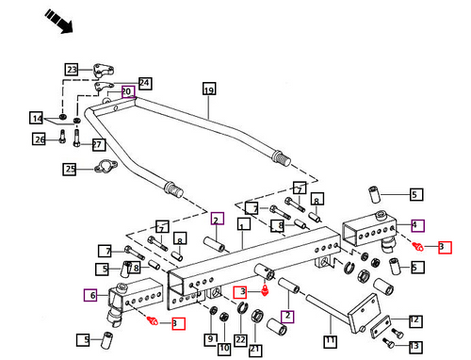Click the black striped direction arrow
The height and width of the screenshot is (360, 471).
[x=58, y=21]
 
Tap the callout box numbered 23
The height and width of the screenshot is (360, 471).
[x=72, y=70]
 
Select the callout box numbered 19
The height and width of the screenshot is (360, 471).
[x=209, y=89]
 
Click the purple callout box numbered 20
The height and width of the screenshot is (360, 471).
[x=128, y=91]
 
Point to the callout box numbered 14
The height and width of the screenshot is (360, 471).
[x=36, y=118]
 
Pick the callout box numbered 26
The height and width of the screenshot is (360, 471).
[x=39, y=139]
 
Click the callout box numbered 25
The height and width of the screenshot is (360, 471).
[x=70, y=169]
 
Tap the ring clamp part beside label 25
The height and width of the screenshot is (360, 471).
[x=106, y=166]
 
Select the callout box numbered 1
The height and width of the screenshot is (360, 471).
[x=244, y=224]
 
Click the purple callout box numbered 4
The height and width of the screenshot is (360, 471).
[x=418, y=225]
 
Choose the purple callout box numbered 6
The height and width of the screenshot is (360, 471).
[x=90, y=295]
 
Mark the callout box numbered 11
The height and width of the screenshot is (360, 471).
[x=331, y=341]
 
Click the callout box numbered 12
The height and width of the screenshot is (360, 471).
[x=415, y=321]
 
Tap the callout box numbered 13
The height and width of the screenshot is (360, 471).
[x=415, y=346]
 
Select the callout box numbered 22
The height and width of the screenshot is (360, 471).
[x=240, y=340]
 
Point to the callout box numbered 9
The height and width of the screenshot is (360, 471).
[x=211, y=339]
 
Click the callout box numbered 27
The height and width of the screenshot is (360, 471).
[x=99, y=144]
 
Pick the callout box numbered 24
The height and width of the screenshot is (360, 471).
[x=145, y=84]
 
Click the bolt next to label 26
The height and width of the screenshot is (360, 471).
[x=62, y=137]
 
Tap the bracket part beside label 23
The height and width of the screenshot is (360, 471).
[x=104, y=71]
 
